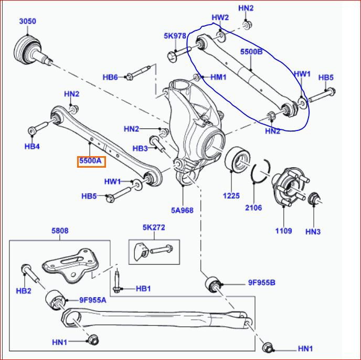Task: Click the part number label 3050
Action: coord(27,21)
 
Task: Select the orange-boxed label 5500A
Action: coord(91,161)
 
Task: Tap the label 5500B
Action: coord(251,53)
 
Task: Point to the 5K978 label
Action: coord(175,36)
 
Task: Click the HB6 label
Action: coord(110,78)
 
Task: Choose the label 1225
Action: coord(231,196)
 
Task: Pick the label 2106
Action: coord(253,208)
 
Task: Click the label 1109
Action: coord(283,231)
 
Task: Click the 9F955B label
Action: coord(261,283)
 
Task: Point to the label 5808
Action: coord(60,231)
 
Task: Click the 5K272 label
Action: coord(153,228)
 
